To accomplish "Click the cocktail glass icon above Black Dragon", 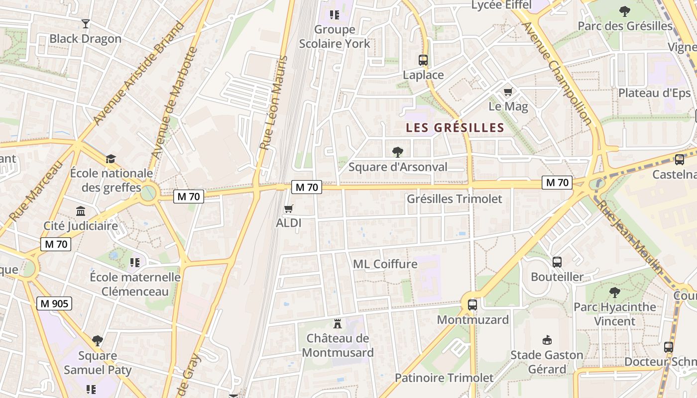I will [86, 23].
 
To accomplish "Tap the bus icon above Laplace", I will [423, 60].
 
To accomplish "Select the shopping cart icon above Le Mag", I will [508, 92].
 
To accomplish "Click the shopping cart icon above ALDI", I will [289, 208].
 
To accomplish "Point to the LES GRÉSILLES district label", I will [455, 128].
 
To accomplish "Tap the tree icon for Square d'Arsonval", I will [397, 152].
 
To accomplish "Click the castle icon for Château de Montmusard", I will [338, 324].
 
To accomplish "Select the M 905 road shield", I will [55, 303].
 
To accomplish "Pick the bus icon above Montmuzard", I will [472, 304].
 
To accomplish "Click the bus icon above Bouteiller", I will [557, 262].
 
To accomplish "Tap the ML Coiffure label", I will [385, 264].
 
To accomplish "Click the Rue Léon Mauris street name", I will [274, 103].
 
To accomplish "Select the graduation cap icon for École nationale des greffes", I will [111, 159].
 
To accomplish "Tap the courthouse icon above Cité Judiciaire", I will [81, 211].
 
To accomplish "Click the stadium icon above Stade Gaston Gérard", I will [547, 340].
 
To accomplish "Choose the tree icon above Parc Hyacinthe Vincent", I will [615, 292].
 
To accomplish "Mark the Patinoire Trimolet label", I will [444, 378].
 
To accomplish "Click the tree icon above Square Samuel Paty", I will [98, 341].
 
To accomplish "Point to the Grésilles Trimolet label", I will [455, 199].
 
